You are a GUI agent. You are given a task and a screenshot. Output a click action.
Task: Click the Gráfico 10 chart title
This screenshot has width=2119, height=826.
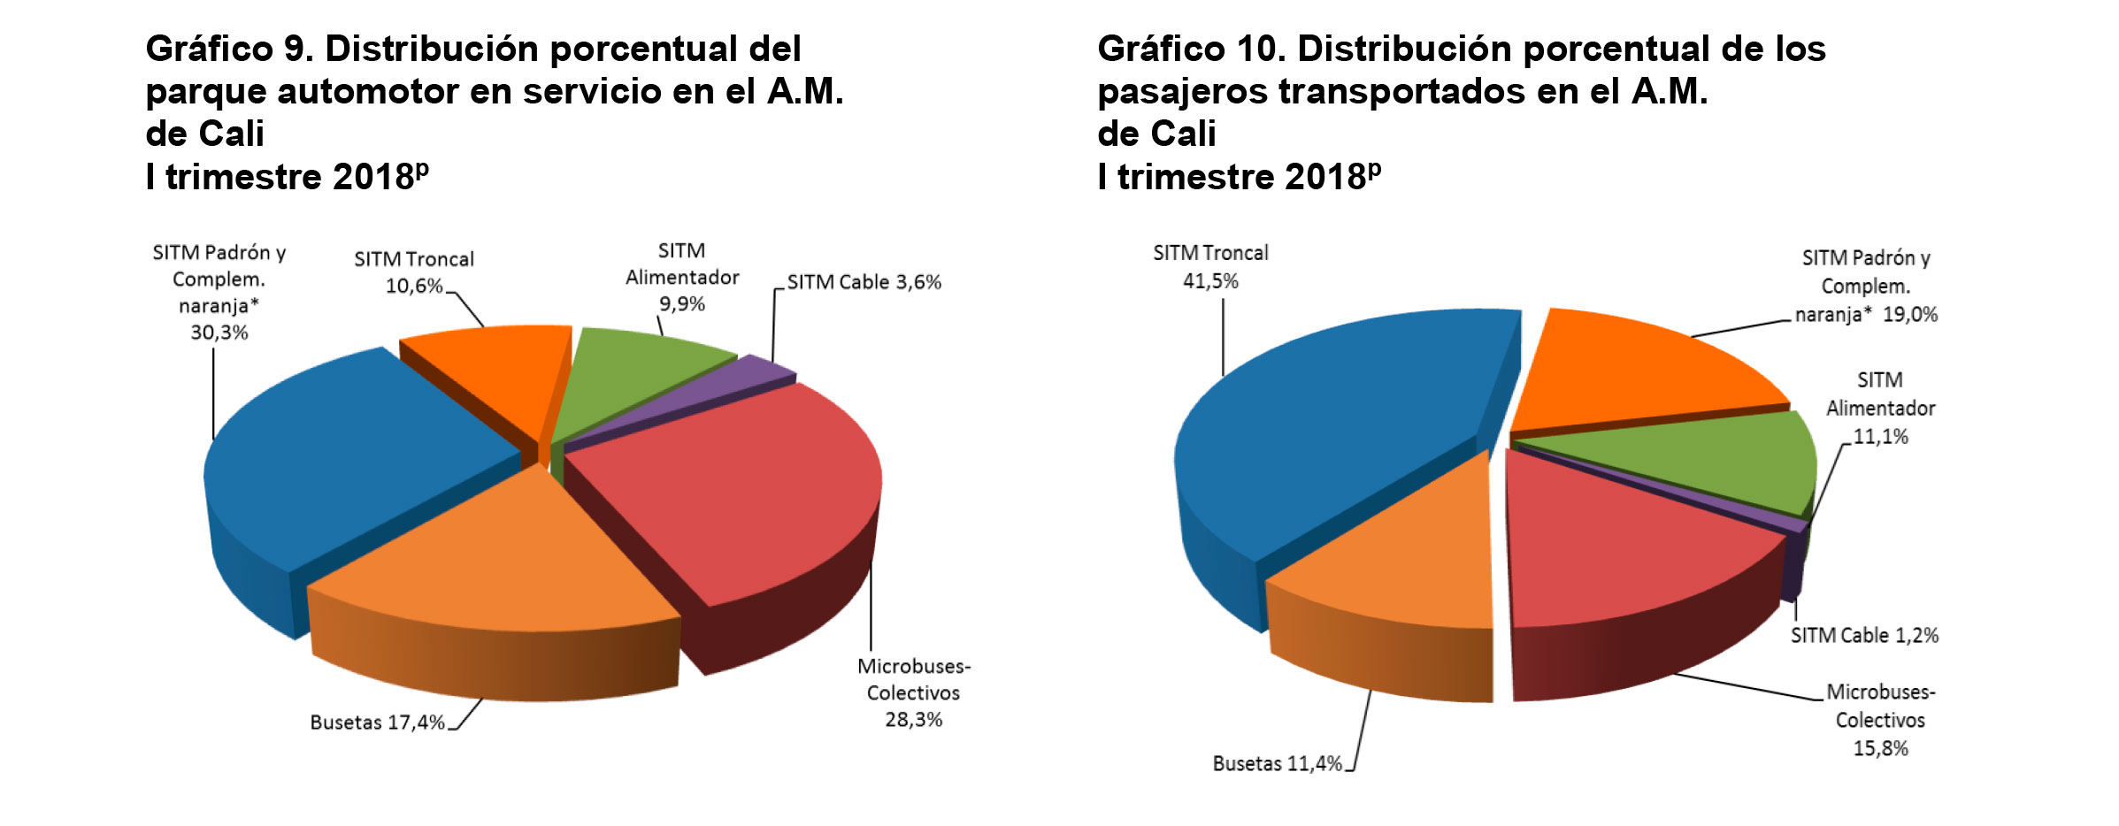[x=1461, y=111]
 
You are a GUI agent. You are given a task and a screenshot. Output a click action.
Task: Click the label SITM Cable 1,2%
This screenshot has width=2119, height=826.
[x=1864, y=635]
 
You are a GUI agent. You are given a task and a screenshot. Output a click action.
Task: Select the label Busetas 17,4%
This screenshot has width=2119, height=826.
[x=378, y=723]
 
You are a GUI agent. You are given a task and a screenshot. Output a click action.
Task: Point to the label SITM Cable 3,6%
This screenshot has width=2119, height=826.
[x=864, y=282]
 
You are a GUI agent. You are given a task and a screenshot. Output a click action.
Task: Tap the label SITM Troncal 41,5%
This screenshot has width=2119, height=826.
[x=1210, y=266]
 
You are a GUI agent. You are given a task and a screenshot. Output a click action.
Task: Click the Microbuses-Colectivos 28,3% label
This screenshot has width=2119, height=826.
[x=914, y=692]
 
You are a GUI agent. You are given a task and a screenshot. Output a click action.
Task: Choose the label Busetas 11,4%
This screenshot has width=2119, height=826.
[x=1277, y=763]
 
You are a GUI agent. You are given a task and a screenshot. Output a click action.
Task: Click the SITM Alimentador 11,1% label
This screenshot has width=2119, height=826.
[x=1880, y=408]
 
